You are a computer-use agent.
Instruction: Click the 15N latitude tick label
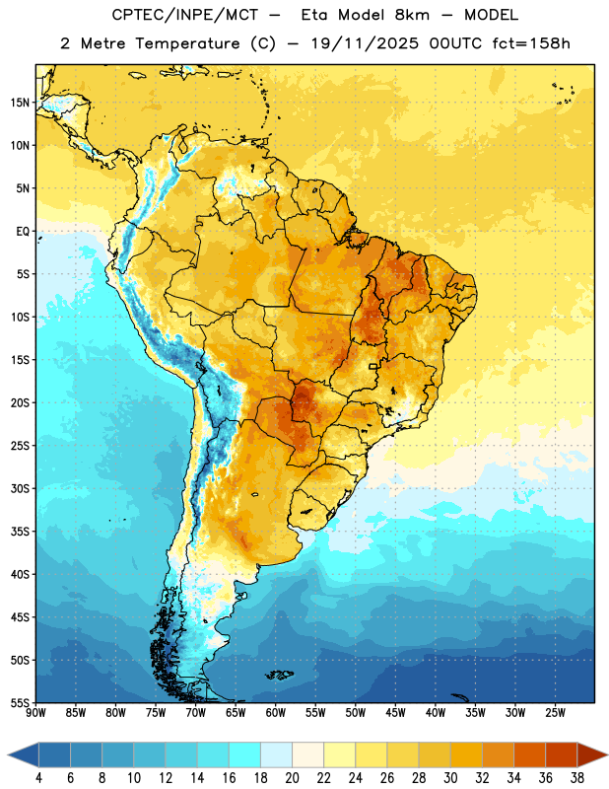20,103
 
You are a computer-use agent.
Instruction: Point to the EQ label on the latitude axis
23,232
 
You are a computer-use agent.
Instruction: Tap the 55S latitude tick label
20,702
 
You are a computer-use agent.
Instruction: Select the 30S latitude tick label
20,488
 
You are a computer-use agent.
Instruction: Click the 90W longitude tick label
35,713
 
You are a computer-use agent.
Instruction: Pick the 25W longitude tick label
555,713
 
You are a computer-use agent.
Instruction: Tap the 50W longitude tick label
356,713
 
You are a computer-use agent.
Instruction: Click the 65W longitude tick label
236,713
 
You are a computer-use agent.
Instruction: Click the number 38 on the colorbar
577,778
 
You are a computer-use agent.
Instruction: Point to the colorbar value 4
38,778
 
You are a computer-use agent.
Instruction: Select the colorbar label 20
292,778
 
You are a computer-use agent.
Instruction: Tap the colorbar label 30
450,778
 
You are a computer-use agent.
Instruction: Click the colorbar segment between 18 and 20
277,754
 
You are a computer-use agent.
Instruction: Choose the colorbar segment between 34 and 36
530,754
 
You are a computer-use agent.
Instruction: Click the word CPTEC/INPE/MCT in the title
185,15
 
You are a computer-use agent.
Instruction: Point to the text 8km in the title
412,15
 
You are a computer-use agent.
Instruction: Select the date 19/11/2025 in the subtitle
365,43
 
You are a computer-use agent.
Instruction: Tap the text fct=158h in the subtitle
531,43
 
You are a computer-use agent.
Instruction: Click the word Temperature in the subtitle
187,44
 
